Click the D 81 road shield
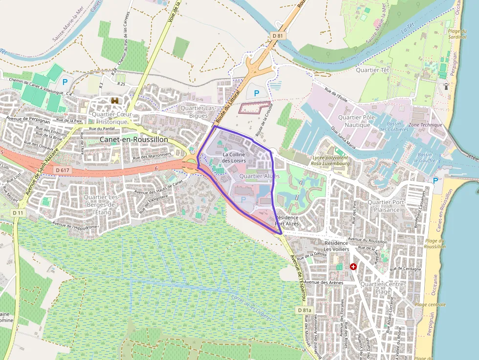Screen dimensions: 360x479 pyautogui.click(x=278, y=36)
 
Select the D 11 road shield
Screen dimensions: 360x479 pyautogui.click(x=18, y=213)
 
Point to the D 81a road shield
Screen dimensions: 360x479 pyautogui.click(x=304, y=310)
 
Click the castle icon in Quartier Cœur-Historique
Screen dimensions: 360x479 pyautogui.click(x=115, y=101)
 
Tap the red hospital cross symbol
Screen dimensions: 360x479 pyautogui.click(x=353, y=267)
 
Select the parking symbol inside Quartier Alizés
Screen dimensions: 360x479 pyautogui.click(x=243, y=199)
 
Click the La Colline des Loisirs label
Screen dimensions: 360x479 pyautogui.click(x=234, y=157)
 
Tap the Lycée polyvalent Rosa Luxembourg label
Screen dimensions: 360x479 pyautogui.click(x=331, y=161)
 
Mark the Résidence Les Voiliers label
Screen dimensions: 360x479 pyautogui.click(x=337, y=246)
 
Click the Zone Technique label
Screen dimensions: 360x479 pyautogui.click(x=425, y=125)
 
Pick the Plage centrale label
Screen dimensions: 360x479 pyautogui.click(x=430, y=304)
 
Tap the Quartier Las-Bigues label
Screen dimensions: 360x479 pyautogui.click(x=198, y=111)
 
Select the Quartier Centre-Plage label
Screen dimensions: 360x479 pyautogui.click(x=382, y=288)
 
